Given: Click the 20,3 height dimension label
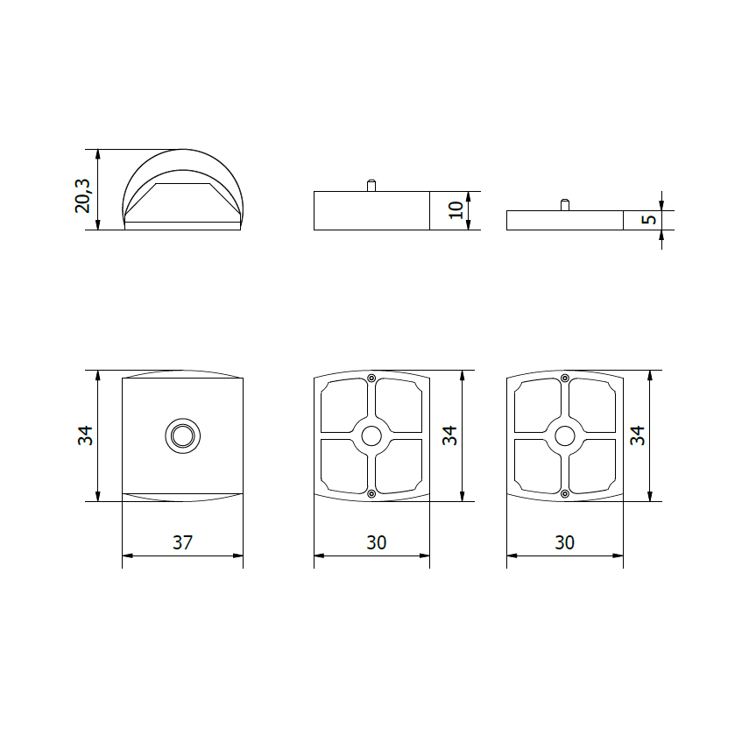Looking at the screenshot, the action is click(82, 196).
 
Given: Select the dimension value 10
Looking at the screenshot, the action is click(456, 210).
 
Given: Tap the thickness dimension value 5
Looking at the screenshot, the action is click(649, 220).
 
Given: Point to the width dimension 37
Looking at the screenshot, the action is click(182, 542).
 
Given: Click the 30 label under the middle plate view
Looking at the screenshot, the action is click(376, 542).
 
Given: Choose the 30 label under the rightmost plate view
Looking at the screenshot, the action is click(564, 542).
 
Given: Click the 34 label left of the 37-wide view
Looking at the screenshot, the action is click(85, 435).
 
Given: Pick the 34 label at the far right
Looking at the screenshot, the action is click(637, 435).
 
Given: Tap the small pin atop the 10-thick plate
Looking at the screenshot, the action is click(371, 185).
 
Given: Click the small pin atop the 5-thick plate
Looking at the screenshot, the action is click(565, 205).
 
